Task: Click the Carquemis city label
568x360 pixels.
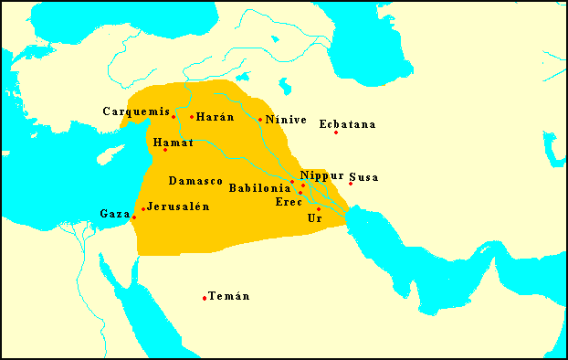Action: coord(134,111)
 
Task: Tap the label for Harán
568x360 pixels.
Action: coord(216,117)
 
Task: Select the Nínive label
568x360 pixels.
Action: coord(286,120)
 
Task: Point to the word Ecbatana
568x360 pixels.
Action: coord(348,124)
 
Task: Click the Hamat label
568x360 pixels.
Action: coord(173,143)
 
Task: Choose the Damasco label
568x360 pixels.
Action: coord(196,181)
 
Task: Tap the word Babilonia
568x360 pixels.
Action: coord(259,187)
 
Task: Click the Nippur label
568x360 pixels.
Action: coord(321,175)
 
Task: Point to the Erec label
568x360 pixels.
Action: coord(289,202)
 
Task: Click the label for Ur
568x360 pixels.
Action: coord(315,218)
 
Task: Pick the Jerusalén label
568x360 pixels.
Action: coord(178,206)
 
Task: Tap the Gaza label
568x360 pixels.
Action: coord(115,213)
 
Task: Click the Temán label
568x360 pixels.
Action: coord(229,296)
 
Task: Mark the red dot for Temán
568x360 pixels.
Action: coord(205,298)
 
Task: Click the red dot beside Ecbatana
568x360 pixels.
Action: coord(336,132)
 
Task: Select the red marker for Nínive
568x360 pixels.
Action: coord(260,120)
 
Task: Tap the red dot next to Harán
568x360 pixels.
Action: coord(192,117)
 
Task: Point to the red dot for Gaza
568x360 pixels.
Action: coord(134,217)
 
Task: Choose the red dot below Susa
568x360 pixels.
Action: coord(351,184)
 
